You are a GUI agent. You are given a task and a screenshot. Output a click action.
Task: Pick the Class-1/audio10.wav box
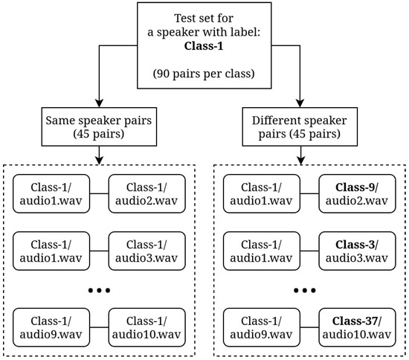point(146,327)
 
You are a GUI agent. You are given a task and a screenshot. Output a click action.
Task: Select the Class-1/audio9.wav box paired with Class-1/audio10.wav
point(51,327)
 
